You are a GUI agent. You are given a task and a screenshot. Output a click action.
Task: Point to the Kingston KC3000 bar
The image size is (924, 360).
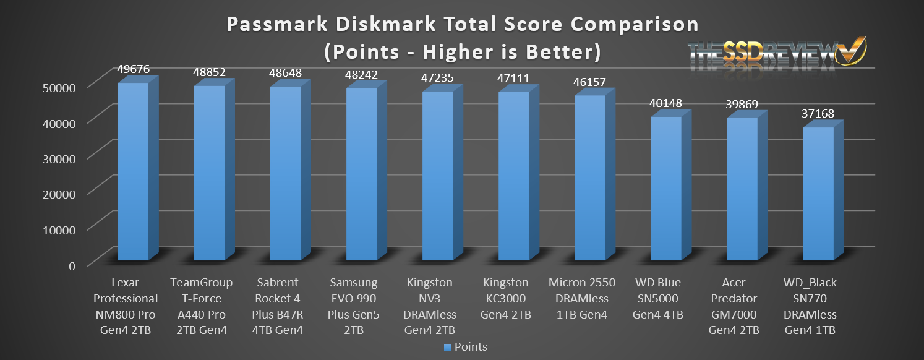click(514, 176)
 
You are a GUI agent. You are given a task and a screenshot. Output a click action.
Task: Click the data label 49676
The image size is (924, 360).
click(134, 69)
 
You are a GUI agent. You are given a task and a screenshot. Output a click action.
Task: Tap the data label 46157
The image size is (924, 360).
click(590, 82)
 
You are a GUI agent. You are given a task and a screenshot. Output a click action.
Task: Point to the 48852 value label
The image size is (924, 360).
click(210, 72)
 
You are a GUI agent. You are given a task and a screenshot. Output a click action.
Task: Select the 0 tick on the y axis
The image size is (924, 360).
click(72, 265)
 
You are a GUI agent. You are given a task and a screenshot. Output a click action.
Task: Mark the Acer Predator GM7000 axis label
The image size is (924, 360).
click(741, 307)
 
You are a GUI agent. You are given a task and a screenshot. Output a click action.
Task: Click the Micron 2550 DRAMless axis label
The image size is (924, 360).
click(582, 299)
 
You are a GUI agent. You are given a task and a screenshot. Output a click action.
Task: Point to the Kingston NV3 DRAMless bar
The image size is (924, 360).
click(438, 176)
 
